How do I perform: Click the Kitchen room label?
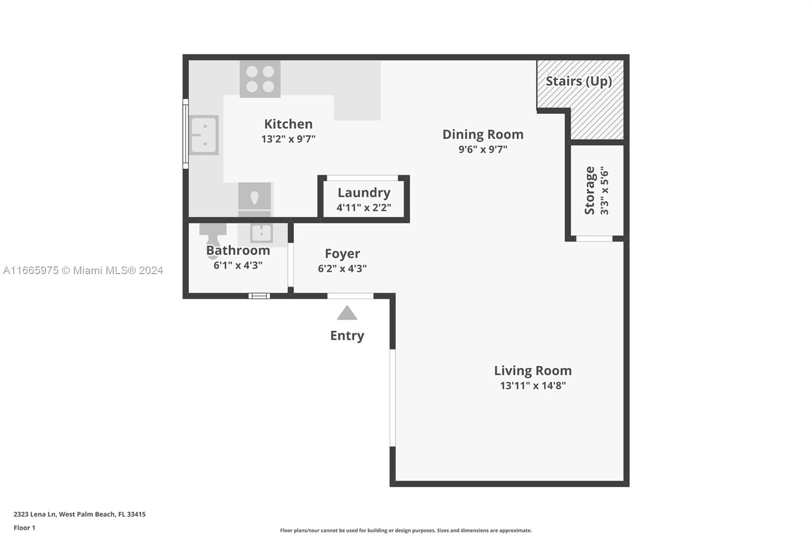click(x=288, y=124)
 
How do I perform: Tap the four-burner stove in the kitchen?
click(x=260, y=79)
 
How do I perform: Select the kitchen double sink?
click(x=204, y=135)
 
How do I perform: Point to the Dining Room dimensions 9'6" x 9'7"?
click(x=483, y=149)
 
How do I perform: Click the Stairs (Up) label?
click(x=579, y=81)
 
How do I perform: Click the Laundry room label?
click(x=364, y=192)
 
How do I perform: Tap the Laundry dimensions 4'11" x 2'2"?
click(x=364, y=208)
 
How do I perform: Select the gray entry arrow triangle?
click(x=347, y=313)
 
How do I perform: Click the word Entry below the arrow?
click(x=347, y=336)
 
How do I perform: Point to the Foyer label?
click(x=342, y=253)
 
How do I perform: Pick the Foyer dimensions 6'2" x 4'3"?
click(x=342, y=268)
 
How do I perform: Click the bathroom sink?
click(x=261, y=233)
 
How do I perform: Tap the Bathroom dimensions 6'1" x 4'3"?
click(x=238, y=265)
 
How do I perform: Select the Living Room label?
click(x=533, y=370)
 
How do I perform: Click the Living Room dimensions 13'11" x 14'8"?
click(x=533, y=385)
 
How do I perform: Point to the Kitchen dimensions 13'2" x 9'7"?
click(x=288, y=139)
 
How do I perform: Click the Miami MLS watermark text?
click(x=83, y=270)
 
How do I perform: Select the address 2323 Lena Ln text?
click(x=79, y=514)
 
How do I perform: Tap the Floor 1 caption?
click(x=24, y=528)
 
